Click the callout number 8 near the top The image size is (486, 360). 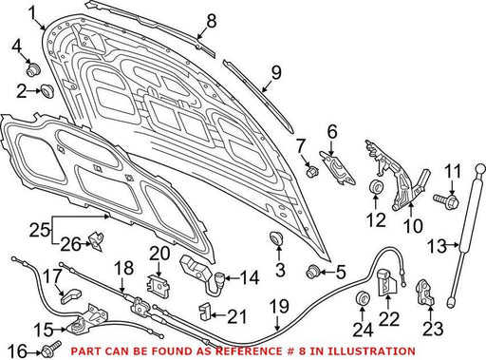click(x=212, y=21)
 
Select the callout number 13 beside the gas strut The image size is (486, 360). click(x=437, y=246)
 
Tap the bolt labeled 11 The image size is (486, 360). click(x=446, y=200)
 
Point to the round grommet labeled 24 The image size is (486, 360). click(x=363, y=297)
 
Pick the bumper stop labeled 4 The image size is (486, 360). click(x=33, y=69)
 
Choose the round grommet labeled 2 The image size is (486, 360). click(x=47, y=90)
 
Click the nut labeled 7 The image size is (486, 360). click(x=311, y=171)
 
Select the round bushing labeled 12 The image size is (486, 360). click(x=377, y=186)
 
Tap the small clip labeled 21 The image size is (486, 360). click(x=204, y=311)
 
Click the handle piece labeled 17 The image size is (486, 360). click(x=71, y=296)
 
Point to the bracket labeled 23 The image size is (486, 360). click(x=425, y=293)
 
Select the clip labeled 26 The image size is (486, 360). click(x=97, y=241)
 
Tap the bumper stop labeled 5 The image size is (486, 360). click(x=314, y=272)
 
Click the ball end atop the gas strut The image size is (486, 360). click(x=480, y=168)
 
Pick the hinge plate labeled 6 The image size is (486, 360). click(x=338, y=167)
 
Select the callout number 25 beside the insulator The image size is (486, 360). click(x=39, y=230)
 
